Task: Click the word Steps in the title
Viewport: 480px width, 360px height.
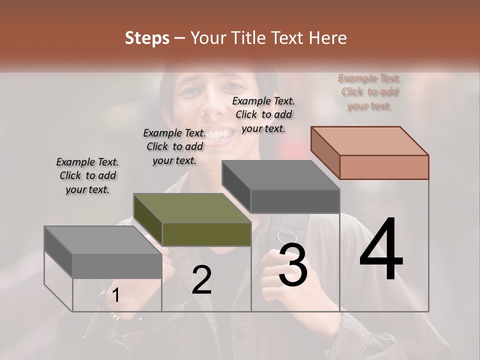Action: point(147,38)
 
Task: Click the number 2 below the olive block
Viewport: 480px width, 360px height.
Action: point(201,280)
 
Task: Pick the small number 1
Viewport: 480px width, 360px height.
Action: point(115,296)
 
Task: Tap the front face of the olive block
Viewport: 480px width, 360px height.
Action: point(206,234)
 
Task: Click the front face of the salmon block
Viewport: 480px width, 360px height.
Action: point(384,167)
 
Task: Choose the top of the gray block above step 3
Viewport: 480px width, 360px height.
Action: point(281,175)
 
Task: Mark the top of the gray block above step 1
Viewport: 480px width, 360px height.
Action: point(103,240)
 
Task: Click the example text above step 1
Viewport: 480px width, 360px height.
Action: point(87,176)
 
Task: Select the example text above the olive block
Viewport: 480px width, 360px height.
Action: point(174,146)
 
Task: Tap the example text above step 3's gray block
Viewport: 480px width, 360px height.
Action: point(263,114)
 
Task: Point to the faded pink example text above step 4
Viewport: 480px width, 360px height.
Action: point(369,91)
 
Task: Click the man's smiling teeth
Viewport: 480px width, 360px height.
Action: point(219,134)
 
